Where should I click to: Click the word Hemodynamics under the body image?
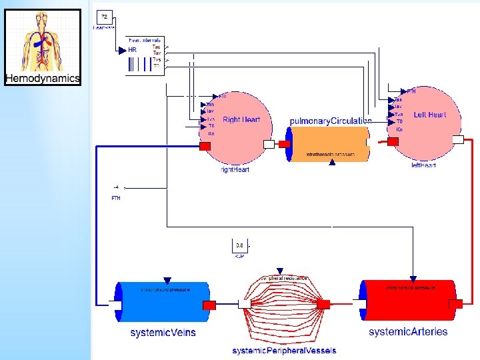point(43,79)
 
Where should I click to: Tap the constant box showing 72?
point(105,17)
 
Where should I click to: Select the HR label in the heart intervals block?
point(132,50)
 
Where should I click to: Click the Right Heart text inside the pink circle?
point(241,120)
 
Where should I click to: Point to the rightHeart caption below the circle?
point(235,170)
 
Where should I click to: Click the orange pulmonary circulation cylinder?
point(330,143)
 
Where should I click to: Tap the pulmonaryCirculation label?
point(331,121)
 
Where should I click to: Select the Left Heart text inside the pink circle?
point(430,115)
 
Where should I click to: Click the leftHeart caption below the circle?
point(423,165)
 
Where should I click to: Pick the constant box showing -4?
point(117,188)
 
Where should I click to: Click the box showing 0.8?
point(239,246)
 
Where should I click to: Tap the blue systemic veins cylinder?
point(163,303)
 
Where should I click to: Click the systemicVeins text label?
point(163,332)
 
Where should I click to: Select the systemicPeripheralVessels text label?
point(284,351)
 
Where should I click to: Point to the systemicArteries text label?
point(408,331)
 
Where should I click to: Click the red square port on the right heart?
point(205,146)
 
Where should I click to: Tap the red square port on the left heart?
point(393,141)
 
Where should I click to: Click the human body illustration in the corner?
point(43,41)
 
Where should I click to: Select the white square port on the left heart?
point(458,140)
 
